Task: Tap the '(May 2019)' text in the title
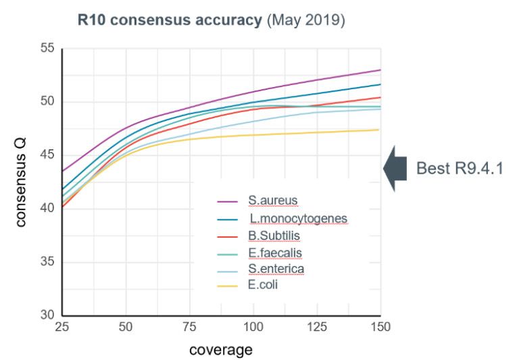(307, 21)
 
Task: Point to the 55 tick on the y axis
(47, 50)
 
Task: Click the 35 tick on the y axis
(47, 262)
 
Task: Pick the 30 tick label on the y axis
(47, 315)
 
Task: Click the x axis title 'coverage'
(220, 350)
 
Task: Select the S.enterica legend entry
(276, 269)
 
